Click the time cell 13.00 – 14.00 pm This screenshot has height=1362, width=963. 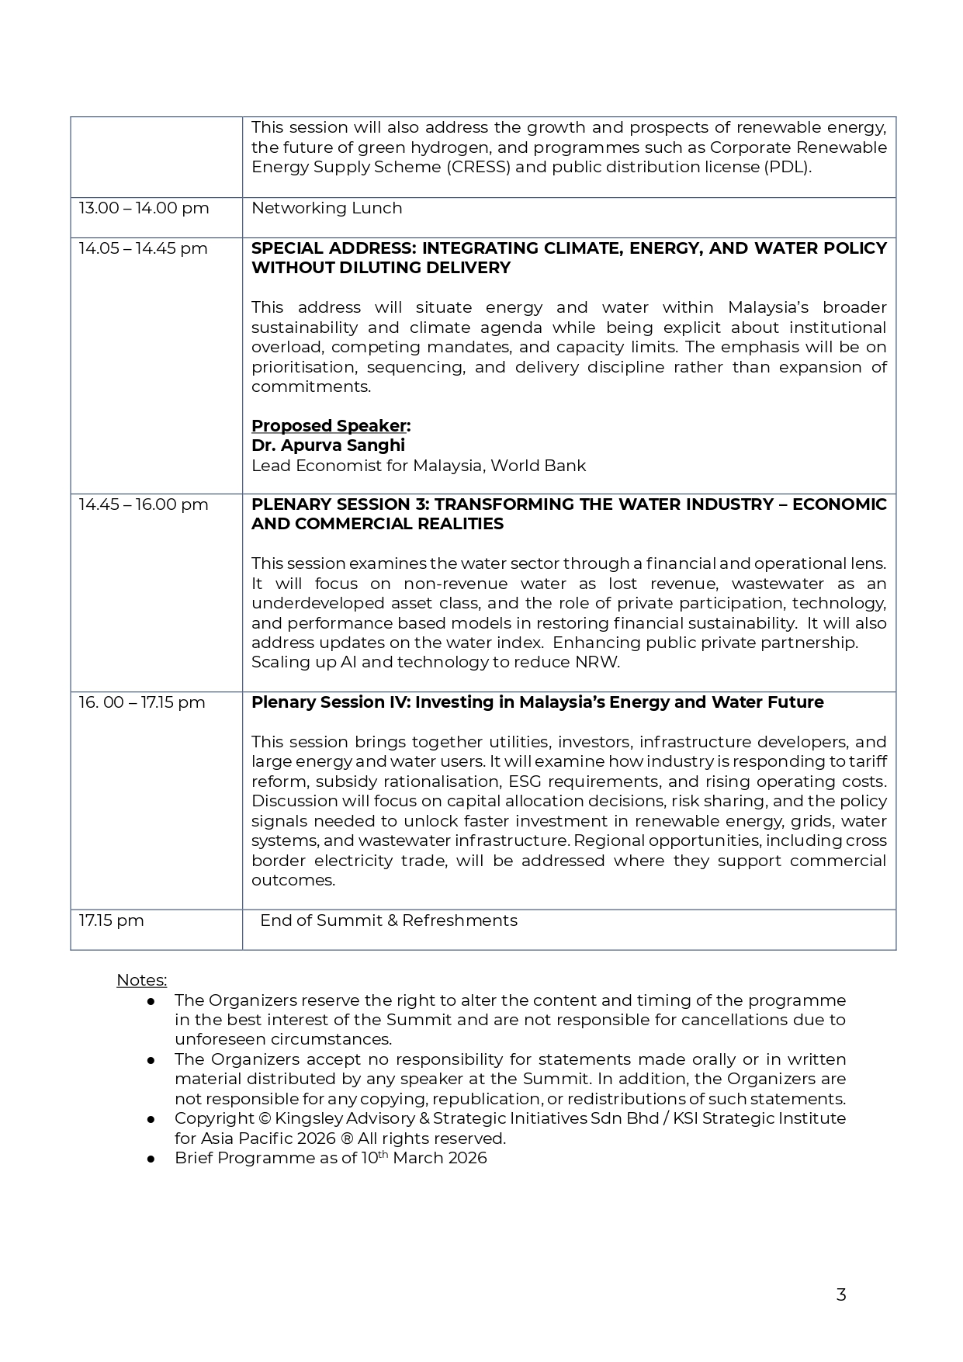click(x=144, y=208)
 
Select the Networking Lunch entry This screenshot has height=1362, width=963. click(x=327, y=208)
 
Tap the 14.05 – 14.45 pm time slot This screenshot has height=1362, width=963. click(x=143, y=248)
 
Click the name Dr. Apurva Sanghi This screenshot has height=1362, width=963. click(x=327, y=445)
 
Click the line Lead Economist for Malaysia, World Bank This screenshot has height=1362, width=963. click(x=418, y=466)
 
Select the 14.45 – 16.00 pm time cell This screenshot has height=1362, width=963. click(x=144, y=504)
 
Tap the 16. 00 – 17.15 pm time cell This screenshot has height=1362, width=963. click(x=142, y=702)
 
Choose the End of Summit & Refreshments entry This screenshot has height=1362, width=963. click(x=388, y=920)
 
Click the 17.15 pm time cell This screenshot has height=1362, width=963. click(x=112, y=920)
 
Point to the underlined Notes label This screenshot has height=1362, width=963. click(x=141, y=980)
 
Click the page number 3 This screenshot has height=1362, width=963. click(x=841, y=1294)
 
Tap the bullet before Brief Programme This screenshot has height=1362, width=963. click(x=151, y=1159)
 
